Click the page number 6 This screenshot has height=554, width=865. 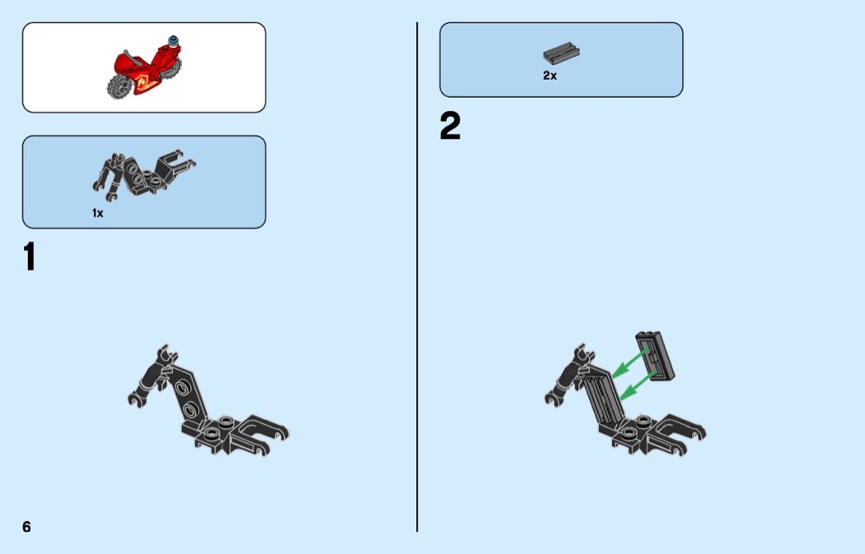26,527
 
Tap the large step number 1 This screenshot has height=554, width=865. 30,256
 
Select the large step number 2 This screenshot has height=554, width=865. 450,126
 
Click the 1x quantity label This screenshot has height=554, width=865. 98,212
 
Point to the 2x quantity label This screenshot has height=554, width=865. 550,76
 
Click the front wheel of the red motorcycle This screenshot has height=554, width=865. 119,87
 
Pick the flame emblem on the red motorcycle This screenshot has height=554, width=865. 146,81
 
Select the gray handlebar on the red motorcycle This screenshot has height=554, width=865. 132,57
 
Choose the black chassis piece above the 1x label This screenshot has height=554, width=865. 143,173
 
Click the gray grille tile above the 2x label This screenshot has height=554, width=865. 561,53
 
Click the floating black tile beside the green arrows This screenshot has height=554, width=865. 656,356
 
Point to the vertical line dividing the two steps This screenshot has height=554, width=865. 417,277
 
